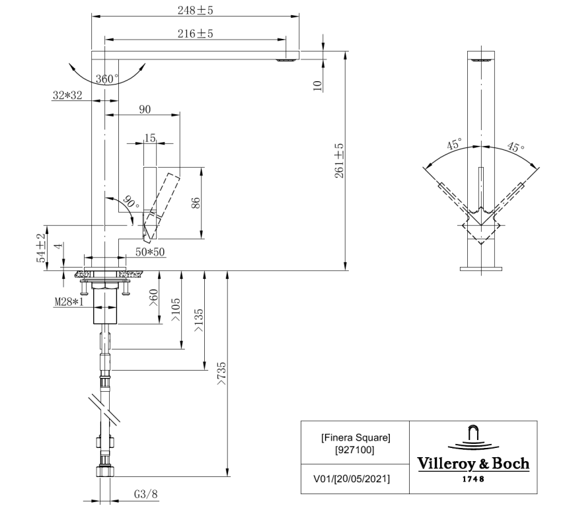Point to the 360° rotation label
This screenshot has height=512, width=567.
click(x=107, y=79)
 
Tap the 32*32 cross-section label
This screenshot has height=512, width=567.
click(x=67, y=95)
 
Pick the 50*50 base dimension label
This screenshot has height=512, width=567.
click(x=149, y=252)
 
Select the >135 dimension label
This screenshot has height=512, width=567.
click(x=198, y=320)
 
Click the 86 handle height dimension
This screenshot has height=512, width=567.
click(x=196, y=202)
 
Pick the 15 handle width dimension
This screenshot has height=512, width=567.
click(x=150, y=138)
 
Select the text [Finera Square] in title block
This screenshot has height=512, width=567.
click(x=356, y=438)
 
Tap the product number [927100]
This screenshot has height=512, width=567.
click(x=356, y=450)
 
